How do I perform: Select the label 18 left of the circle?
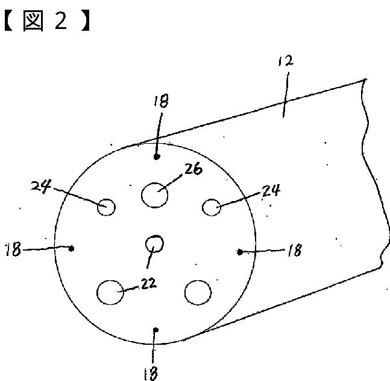click(14, 249)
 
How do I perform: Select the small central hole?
click(155, 244)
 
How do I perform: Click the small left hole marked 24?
click(107, 207)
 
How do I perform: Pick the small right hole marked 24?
click(211, 207)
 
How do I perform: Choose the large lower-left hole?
click(110, 293)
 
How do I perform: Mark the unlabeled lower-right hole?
click(198, 293)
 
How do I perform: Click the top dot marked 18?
click(157, 156)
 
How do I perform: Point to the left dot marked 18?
click(72, 248)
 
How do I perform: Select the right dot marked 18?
click(241, 252)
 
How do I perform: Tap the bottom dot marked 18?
click(156, 329)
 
